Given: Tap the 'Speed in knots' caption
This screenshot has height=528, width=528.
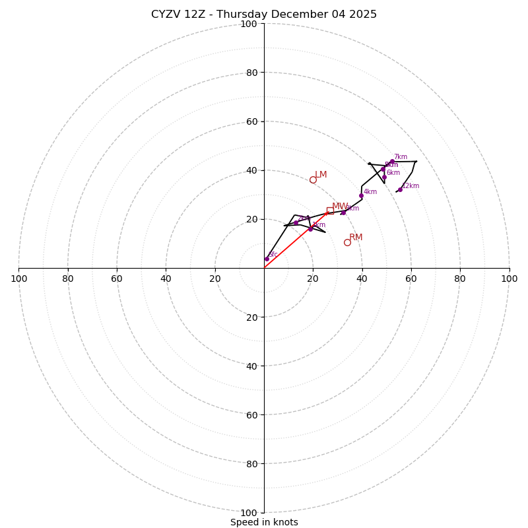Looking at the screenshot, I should [x=264, y=522].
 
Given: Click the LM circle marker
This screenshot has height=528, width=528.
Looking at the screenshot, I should [x=313, y=180].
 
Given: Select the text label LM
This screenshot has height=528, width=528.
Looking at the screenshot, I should [x=321, y=175].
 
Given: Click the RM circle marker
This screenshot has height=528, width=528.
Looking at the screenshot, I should [x=347, y=242].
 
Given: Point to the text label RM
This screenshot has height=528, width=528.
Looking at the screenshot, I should [x=356, y=238].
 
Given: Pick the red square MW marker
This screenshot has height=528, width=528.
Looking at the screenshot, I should [x=330, y=211].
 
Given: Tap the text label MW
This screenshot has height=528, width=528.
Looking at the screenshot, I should [x=340, y=207].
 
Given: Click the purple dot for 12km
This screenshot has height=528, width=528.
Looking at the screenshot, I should [x=400, y=189].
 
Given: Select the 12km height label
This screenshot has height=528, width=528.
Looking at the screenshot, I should [x=411, y=186].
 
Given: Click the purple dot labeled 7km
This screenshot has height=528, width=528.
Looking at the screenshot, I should [x=392, y=161].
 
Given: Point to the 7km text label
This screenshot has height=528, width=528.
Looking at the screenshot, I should [x=401, y=157].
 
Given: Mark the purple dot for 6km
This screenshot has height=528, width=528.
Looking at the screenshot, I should [x=384, y=177].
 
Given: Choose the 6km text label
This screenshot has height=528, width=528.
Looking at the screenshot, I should [x=393, y=173].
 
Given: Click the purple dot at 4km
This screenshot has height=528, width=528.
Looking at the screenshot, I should [x=361, y=195].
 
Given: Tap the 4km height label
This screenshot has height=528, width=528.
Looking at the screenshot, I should [x=370, y=192].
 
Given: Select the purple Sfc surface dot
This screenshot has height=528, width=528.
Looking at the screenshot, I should [x=267, y=259].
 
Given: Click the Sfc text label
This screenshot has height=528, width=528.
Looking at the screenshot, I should [x=273, y=255].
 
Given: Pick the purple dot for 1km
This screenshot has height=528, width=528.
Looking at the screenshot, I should [x=310, y=229].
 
